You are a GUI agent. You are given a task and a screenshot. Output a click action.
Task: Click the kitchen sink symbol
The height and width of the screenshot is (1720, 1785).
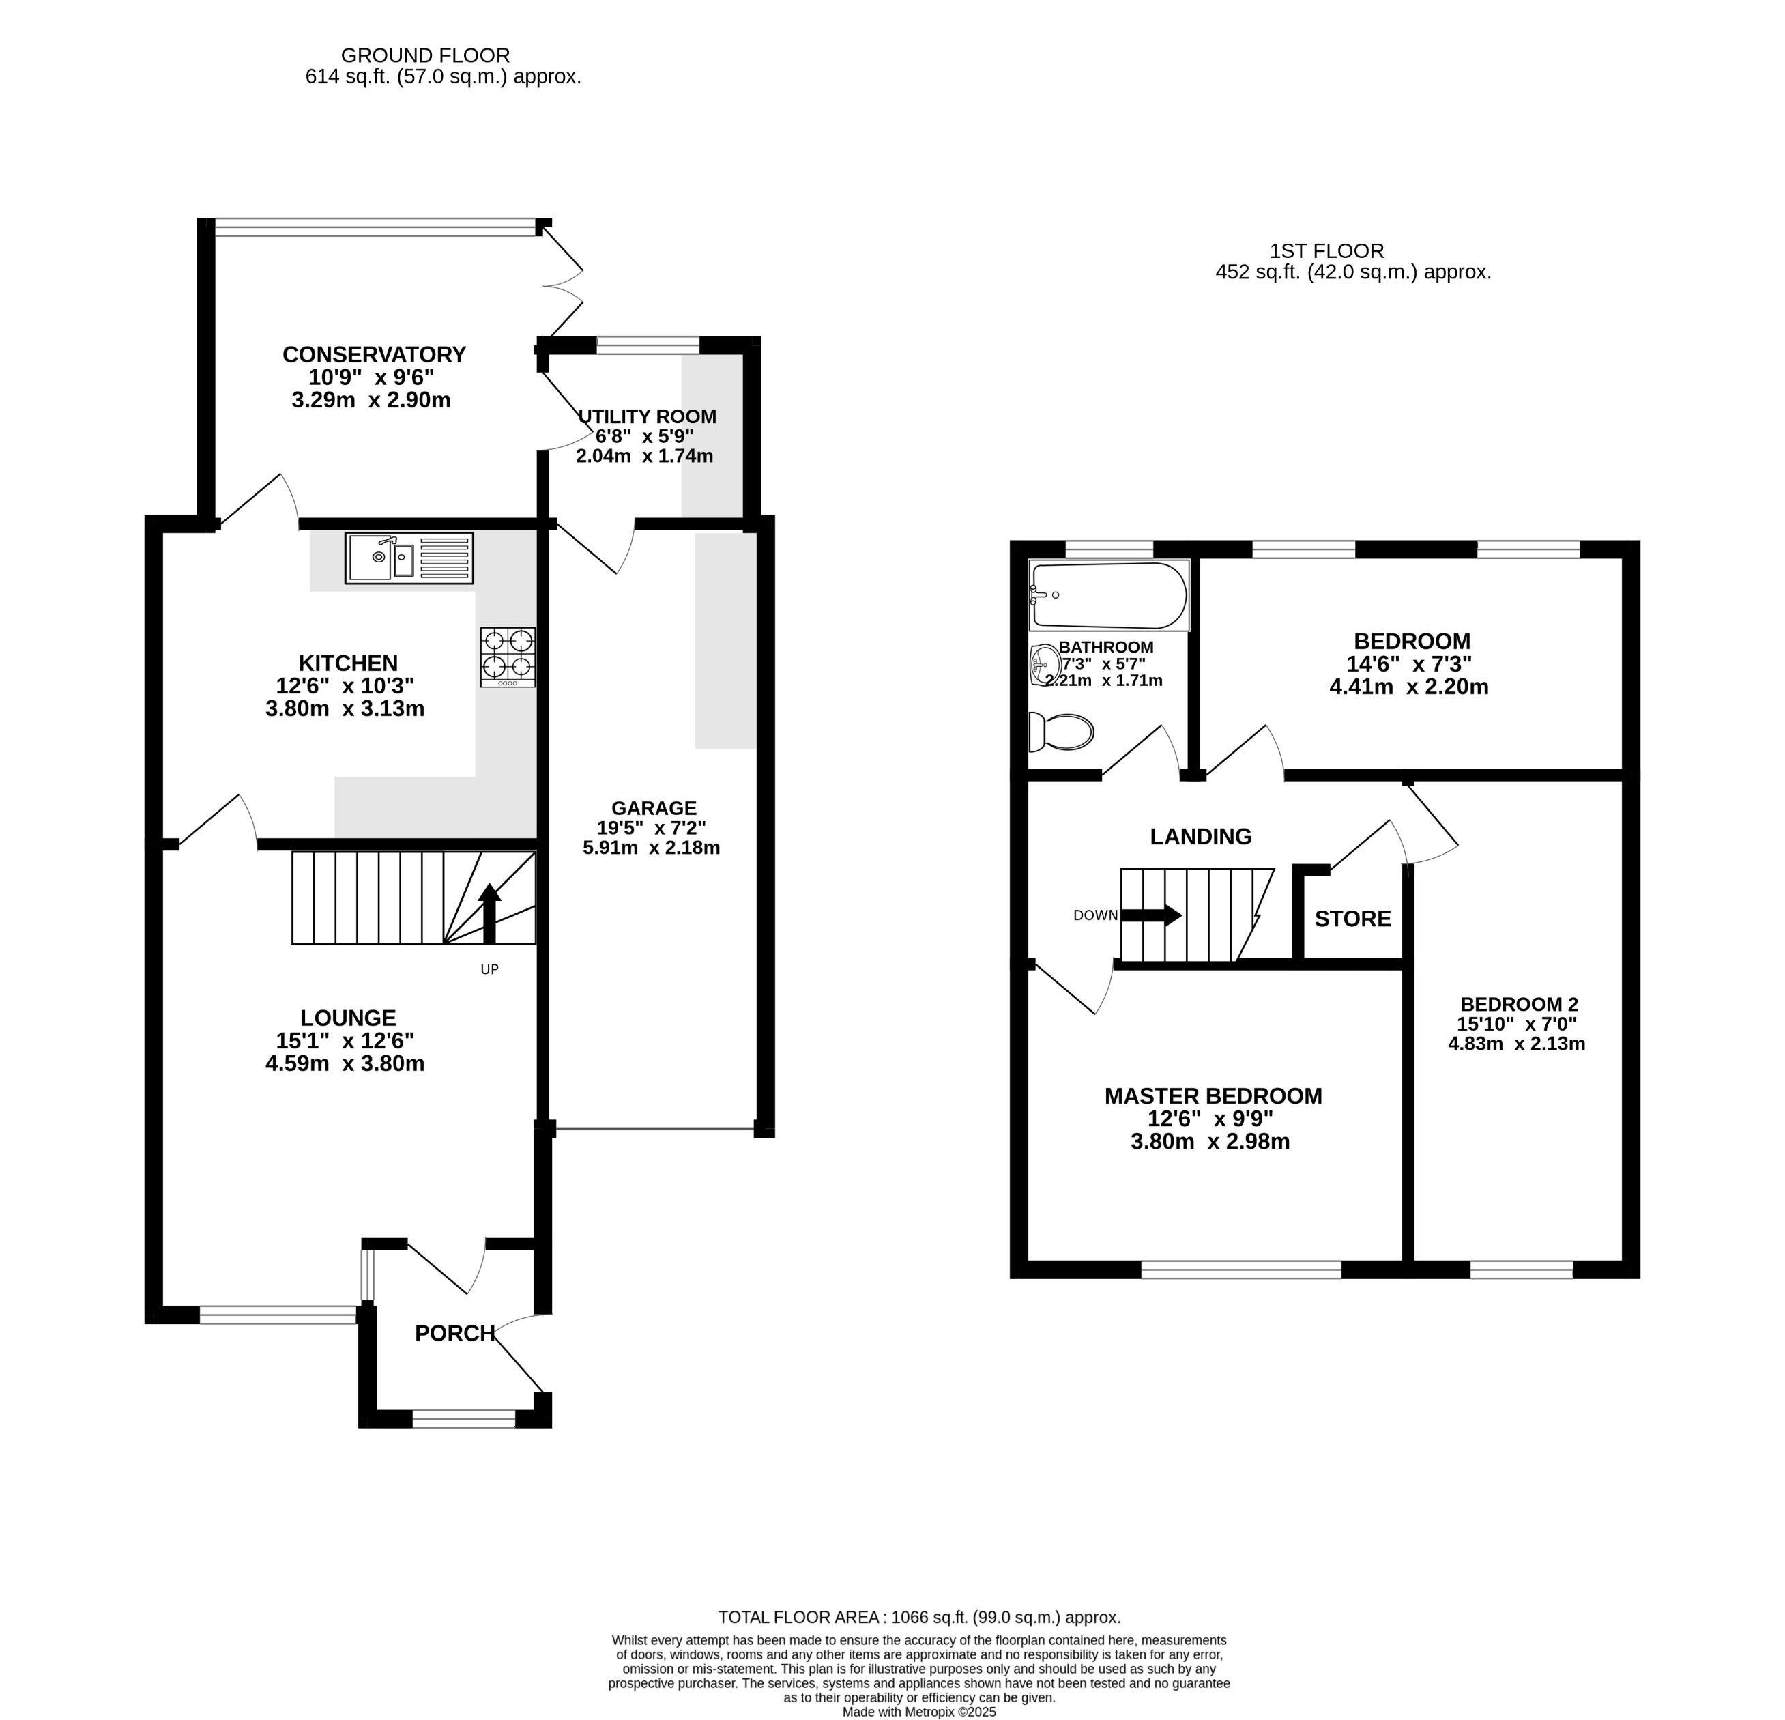pos(409,558)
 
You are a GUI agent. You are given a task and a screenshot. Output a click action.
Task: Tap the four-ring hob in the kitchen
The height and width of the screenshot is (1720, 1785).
pos(508,657)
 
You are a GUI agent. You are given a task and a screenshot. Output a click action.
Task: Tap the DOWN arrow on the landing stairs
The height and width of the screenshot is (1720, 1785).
pos(1151,915)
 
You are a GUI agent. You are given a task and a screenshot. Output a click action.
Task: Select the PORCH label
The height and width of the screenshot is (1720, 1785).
pos(454,1333)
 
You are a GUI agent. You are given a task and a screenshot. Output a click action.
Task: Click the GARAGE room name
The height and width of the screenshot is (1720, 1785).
pos(653,808)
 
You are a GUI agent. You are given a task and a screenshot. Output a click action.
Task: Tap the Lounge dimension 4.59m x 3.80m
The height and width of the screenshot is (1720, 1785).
pos(345,1063)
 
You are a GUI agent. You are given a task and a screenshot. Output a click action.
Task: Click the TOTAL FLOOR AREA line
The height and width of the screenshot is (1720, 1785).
pos(919,1617)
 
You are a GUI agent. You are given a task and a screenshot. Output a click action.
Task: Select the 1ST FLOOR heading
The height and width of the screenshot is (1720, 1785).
pos(1326,250)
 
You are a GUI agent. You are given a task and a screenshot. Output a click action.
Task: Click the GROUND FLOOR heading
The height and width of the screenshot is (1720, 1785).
pos(424,55)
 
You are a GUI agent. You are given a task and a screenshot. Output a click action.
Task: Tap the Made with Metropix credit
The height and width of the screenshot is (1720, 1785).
pos(919,1712)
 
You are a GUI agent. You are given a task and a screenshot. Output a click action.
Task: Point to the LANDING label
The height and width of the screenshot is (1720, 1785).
pos(1200,836)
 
